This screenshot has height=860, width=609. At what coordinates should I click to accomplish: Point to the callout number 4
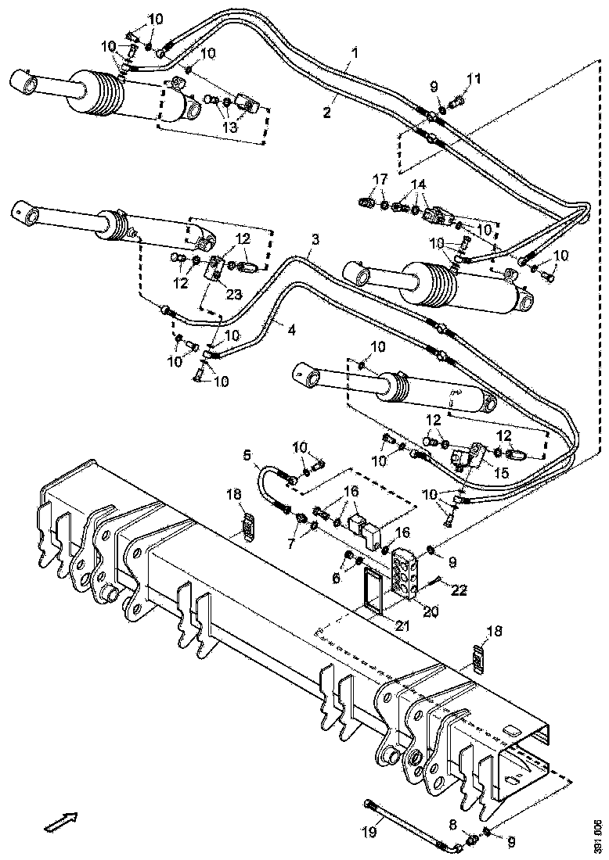click(291, 330)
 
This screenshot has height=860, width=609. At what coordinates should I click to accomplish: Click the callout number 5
click(247, 454)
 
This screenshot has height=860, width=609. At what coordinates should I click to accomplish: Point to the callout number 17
click(380, 179)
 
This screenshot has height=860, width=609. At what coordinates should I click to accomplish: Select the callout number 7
click(294, 543)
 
